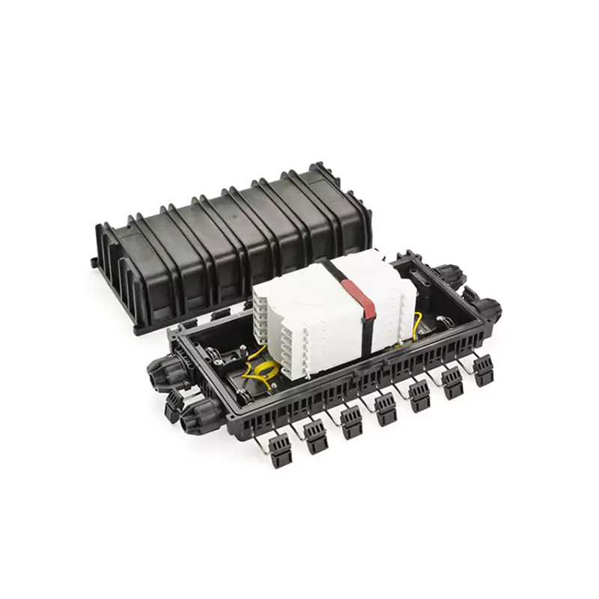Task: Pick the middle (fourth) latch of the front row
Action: point(385,409)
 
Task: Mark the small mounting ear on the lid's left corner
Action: point(93,262)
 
